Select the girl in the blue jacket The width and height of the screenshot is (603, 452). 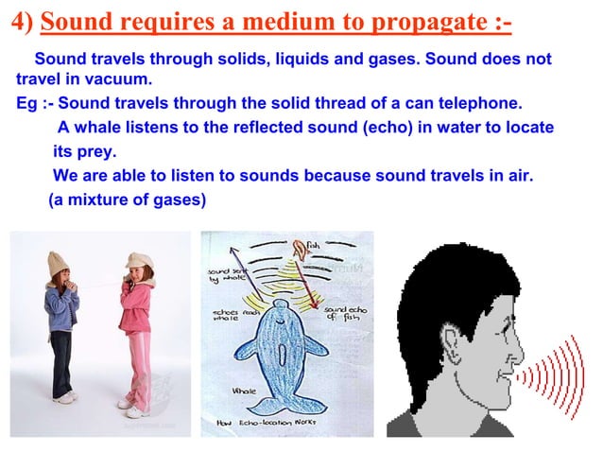pyautogui.click(x=61, y=322)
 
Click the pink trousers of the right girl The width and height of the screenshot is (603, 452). pyautogui.click(x=139, y=364)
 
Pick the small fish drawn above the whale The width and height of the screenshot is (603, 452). pyautogui.click(x=301, y=249)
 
